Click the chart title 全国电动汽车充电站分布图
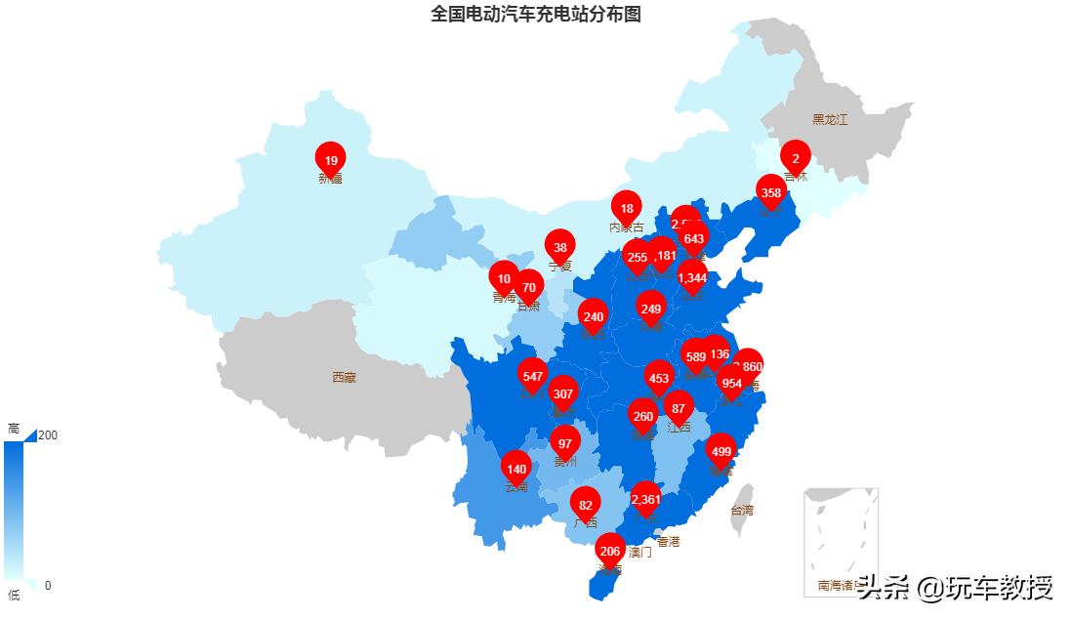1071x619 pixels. [x=536, y=14]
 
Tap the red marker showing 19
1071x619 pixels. [x=331, y=160]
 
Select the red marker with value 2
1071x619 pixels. [x=796, y=158]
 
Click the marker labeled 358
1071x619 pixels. [x=771, y=192]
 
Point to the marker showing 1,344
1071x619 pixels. [x=692, y=277]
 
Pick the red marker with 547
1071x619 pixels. [x=532, y=376]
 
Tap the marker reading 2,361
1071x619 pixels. [x=645, y=499]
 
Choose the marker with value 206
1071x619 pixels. [x=610, y=551]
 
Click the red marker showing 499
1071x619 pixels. [x=721, y=451]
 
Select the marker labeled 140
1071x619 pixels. [x=516, y=469]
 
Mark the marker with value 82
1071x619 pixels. [x=586, y=505]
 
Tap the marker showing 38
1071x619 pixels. [x=560, y=247]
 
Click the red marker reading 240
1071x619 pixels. [x=594, y=316]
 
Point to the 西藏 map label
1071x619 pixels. [x=344, y=377]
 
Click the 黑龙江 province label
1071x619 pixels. [x=830, y=120]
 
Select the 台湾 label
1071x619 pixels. [x=742, y=510]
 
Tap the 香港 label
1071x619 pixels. [x=669, y=541]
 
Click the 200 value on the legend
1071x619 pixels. [x=47, y=434]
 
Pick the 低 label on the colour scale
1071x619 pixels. [x=14, y=595]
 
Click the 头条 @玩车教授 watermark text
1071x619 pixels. [x=956, y=588]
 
